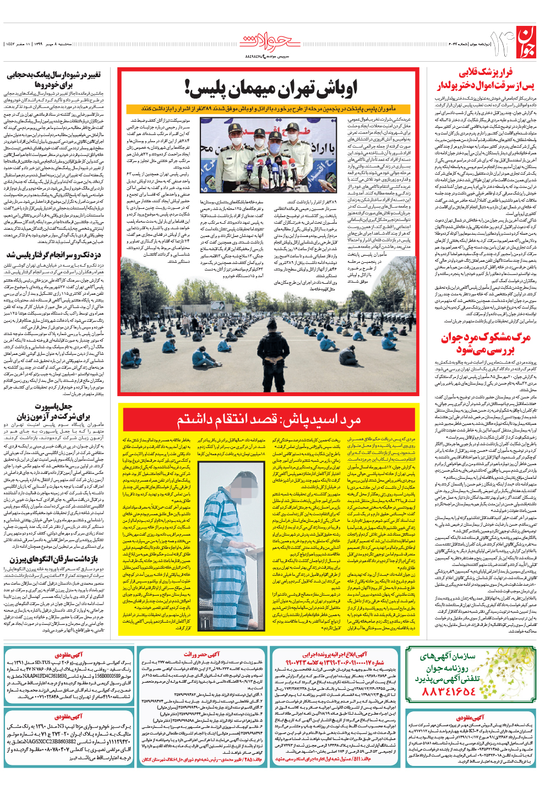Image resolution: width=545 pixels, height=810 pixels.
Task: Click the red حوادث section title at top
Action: [x=270, y=42]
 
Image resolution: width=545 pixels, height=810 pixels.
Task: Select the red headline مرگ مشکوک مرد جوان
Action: [x=485, y=343]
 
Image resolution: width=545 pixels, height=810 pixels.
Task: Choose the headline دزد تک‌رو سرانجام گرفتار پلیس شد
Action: [x=53, y=255]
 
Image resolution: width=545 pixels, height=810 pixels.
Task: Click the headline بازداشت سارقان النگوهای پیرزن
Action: [x=53, y=559]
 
